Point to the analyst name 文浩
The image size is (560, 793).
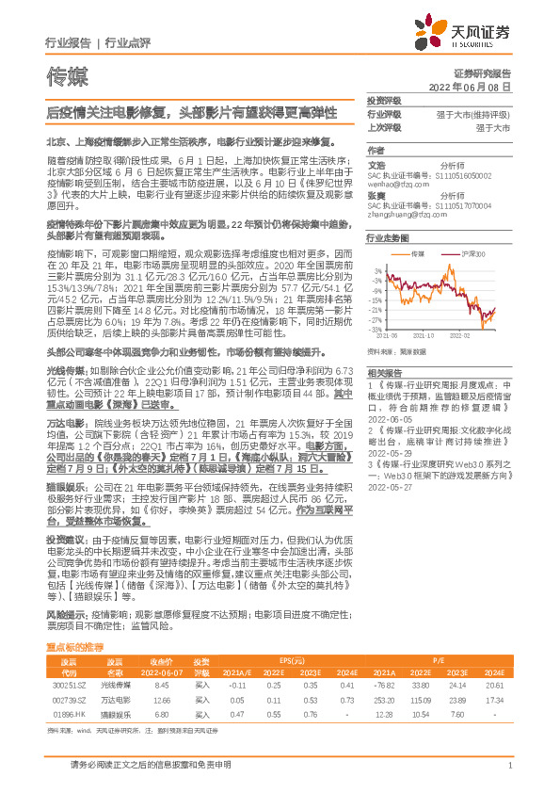tap(376, 164)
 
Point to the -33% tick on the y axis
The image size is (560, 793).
tap(376, 329)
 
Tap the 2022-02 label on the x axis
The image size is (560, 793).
tap(472, 334)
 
